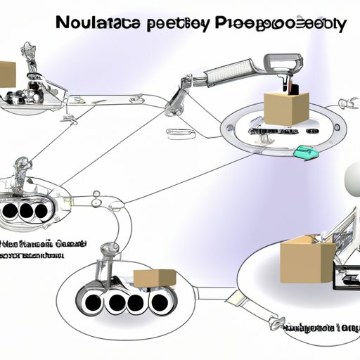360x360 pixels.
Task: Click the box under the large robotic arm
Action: (287, 105)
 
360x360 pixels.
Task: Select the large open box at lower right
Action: (306, 260)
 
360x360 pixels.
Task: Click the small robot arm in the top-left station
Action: (31, 63)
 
